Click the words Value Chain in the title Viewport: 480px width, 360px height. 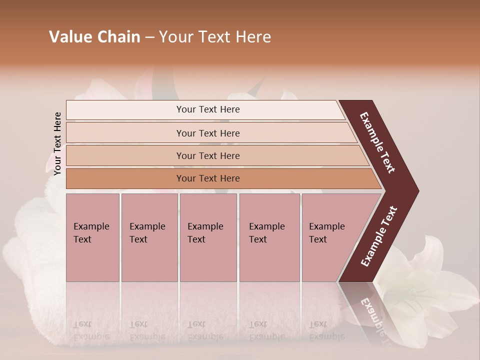tap(94, 37)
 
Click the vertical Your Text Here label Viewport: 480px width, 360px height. tap(57, 143)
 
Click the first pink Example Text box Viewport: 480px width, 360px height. tap(92, 237)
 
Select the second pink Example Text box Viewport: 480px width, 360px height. tap(149, 237)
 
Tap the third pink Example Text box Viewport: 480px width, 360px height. tap(208, 237)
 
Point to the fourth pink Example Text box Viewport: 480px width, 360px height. tap(269, 237)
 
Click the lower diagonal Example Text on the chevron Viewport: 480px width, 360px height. tap(379, 236)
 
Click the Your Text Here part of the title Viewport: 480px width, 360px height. tap(215, 37)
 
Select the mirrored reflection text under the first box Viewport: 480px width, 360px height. tap(91, 330)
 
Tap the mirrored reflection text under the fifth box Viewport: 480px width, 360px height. tap(327, 330)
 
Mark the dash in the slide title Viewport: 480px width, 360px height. tap(149, 37)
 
